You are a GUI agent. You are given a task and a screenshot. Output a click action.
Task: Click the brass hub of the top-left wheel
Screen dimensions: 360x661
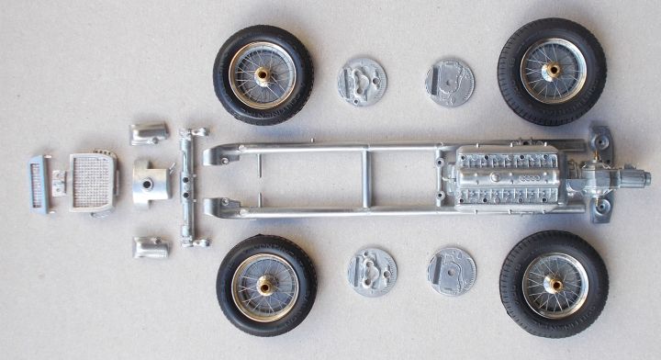point(262,75)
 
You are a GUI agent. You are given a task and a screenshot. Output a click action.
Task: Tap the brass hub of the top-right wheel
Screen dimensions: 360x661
point(553,70)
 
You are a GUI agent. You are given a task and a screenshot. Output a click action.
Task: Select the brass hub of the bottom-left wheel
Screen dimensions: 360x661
point(265,286)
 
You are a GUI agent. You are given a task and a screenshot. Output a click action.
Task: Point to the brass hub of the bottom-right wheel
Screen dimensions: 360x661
point(555,285)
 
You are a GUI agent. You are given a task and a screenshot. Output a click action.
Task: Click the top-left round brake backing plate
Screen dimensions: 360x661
point(362,81)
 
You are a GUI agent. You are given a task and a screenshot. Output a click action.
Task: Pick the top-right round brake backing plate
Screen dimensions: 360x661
point(450,83)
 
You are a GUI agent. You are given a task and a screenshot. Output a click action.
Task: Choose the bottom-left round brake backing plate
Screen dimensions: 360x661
point(371,272)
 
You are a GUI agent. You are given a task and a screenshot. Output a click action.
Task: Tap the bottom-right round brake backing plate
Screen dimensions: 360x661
point(452,271)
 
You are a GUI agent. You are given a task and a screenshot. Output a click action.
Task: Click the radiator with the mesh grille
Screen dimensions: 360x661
point(93,181)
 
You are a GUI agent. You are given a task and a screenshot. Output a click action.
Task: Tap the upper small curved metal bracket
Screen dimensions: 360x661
point(150,133)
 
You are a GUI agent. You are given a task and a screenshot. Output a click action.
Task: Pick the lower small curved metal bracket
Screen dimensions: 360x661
point(151,247)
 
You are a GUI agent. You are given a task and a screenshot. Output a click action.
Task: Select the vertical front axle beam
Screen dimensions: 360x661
point(188,188)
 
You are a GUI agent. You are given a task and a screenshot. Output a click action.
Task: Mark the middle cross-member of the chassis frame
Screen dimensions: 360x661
point(364,178)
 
